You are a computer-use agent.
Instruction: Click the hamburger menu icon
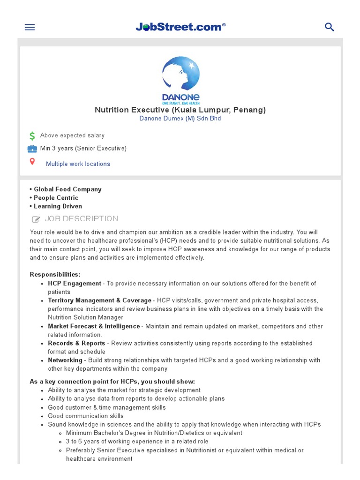click(x=30, y=27)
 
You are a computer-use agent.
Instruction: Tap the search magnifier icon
click(x=330, y=27)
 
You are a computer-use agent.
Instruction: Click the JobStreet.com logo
click(x=180, y=27)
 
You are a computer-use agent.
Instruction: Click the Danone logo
click(x=180, y=80)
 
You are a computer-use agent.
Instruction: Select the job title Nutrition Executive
click(x=180, y=110)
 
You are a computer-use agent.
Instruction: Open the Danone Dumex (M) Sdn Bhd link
click(x=180, y=119)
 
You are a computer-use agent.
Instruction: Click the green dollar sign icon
click(x=32, y=136)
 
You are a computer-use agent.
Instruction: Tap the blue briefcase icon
click(x=32, y=149)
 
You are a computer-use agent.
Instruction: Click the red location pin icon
click(x=32, y=162)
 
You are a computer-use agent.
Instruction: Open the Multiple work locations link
click(x=78, y=164)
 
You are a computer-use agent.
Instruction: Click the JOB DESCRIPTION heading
click(x=82, y=219)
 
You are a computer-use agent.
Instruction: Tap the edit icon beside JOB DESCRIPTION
click(x=36, y=219)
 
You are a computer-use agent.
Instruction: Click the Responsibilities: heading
click(x=55, y=274)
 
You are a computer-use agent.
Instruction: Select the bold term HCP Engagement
click(x=74, y=284)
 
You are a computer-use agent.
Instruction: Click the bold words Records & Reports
click(x=76, y=343)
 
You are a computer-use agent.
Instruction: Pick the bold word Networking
click(x=65, y=360)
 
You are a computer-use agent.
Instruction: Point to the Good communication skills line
click(x=85, y=416)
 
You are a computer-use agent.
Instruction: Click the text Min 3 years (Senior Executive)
click(x=83, y=149)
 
